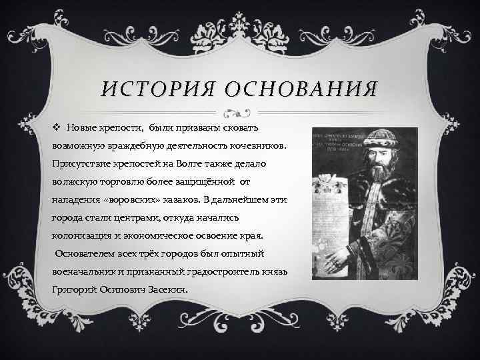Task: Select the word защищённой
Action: coord(230,181)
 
